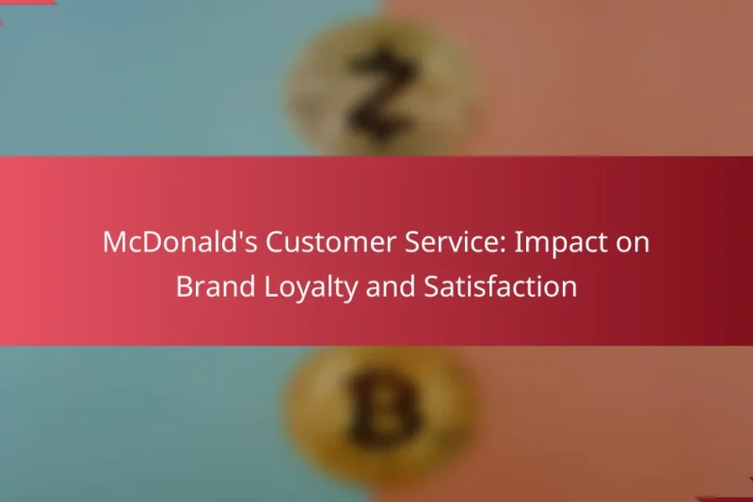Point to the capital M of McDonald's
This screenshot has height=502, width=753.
pyautogui.click(x=115, y=244)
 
